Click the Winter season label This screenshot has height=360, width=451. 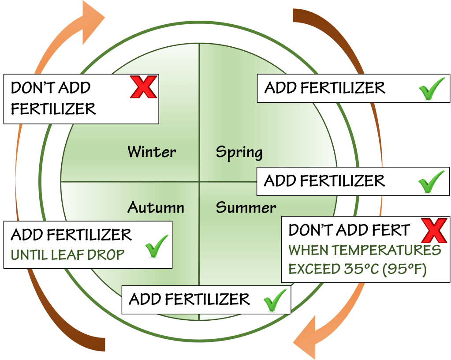tap(152, 152)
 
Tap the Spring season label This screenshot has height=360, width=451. tap(239, 153)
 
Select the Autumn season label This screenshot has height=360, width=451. tap(156, 207)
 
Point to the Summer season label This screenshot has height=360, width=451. tap(246, 207)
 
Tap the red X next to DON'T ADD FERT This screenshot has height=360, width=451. tap(434, 230)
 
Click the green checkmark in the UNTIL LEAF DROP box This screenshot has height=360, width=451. tap(157, 246)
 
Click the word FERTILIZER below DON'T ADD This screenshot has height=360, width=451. tap(53, 109)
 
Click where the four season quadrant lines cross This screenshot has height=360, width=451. tap(199, 181)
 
